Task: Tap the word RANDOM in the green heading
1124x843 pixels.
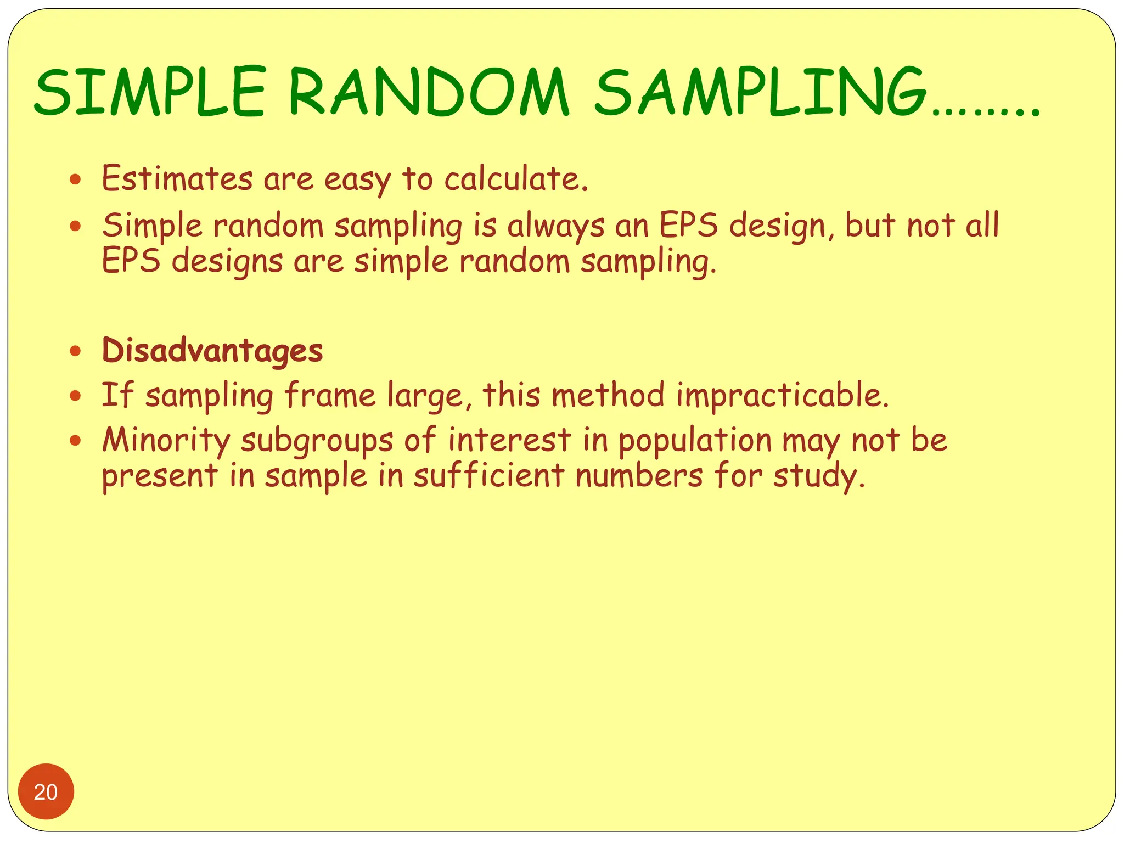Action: [429, 92]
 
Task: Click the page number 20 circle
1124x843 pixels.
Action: [46, 791]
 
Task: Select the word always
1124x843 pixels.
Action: [555, 226]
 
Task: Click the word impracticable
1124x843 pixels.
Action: [782, 395]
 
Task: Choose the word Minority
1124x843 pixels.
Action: [166, 440]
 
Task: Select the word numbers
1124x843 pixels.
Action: [639, 475]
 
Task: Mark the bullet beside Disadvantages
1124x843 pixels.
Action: [76, 351]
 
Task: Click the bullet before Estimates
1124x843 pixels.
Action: [76, 179]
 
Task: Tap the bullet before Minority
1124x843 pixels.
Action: [76, 440]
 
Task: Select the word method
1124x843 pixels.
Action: [608, 395]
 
